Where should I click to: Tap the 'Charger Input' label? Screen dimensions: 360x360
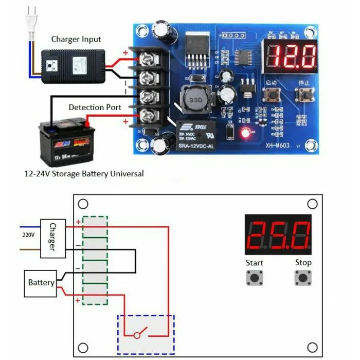[76, 39]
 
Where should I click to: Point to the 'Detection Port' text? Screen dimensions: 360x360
[95, 107]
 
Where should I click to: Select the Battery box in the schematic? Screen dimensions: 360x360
[41, 283]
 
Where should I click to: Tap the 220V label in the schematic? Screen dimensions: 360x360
[29, 235]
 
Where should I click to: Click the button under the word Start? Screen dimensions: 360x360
[254, 278]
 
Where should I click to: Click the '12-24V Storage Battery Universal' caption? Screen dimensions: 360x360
[84, 174]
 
